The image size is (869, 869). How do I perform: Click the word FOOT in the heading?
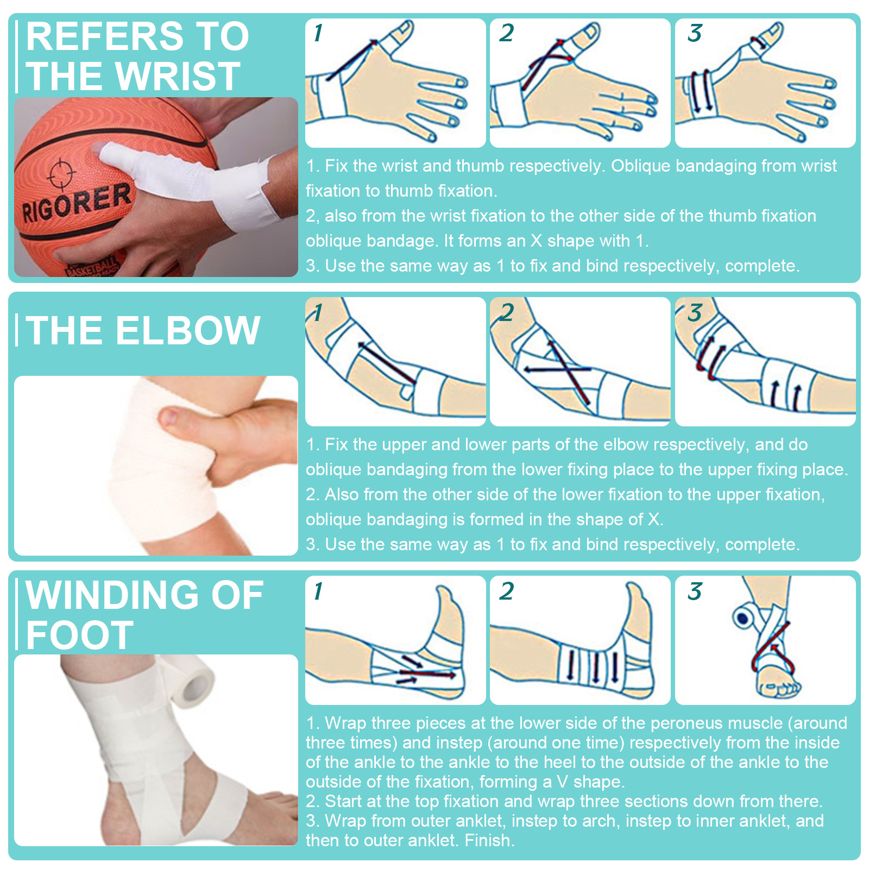(79, 635)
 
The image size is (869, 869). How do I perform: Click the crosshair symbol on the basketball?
(59, 173)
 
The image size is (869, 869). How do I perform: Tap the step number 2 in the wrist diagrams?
(506, 33)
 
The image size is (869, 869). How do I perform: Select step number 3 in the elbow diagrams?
(695, 313)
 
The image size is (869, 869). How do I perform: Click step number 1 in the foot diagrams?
(318, 591)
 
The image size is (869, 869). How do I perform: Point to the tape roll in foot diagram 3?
(744, 618)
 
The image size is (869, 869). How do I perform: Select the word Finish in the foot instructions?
(489, 840)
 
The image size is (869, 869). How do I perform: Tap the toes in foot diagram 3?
(780, 689)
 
